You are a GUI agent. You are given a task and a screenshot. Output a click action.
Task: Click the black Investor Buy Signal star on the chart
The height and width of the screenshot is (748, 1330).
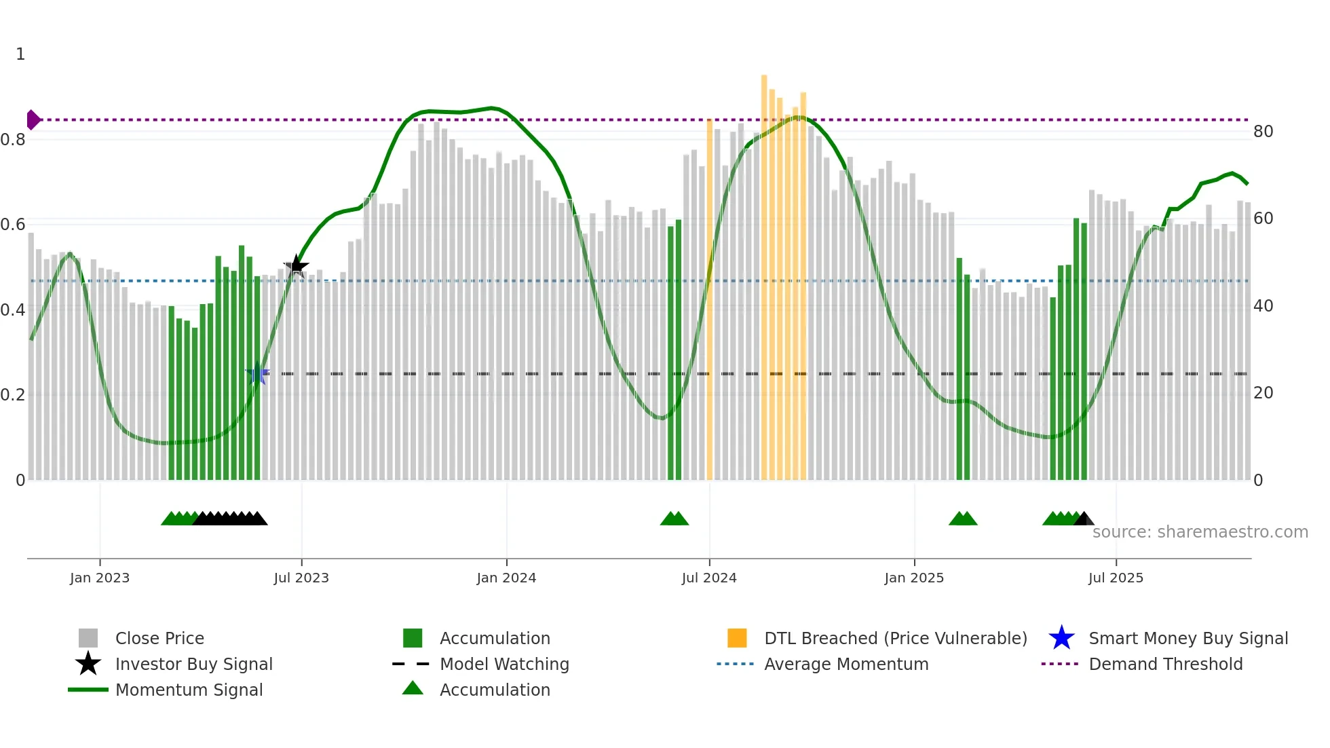pyautogui.click(x=296, y=265)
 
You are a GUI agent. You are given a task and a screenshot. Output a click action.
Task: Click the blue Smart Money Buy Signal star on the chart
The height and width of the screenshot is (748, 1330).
pyautogui.click(x=256, y=374)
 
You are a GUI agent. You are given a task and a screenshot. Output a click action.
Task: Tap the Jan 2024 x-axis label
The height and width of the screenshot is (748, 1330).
pyautogui.click(x=506, y=578)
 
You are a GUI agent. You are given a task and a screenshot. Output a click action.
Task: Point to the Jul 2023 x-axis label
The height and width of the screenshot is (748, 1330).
pyautogui.click(x=301, y=578)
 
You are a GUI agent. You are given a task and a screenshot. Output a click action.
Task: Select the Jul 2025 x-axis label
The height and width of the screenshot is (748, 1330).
pyautogui.click(x=1116, y=578)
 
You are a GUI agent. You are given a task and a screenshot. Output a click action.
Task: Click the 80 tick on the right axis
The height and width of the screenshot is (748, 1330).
pyautogui.click(x=1263, y=132)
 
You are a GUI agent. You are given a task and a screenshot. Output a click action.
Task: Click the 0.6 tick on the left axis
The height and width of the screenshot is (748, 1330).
pyautogui.click(x=14, y=225)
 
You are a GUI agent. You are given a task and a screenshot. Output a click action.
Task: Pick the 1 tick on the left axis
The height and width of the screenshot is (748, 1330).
pyautogui.click(x=20, y=54)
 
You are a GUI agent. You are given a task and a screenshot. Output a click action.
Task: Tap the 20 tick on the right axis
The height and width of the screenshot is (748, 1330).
pyautogui.click(x=1263, y=393)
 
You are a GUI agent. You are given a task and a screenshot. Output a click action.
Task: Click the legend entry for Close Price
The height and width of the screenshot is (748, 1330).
pyautogui.click(x=159, y=639)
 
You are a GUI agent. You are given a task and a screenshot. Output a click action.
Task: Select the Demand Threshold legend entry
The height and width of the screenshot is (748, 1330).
pyautogui.click(x=1165, y=665)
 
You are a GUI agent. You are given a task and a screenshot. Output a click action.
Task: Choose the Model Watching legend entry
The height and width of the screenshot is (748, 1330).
pyautogui.click(x=504, y=665)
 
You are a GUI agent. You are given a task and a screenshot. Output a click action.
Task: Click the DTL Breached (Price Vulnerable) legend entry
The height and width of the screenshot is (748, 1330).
pyautogui.click(x=895, y=639)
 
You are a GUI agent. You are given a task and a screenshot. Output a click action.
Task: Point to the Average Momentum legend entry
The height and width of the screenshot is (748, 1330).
pyautogui.click(x=845, y=665)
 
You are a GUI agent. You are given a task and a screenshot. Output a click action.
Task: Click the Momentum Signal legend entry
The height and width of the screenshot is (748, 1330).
pyautogui.click(x=189, y=690)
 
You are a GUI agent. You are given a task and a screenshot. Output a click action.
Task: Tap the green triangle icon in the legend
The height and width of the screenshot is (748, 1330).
pyautogui.click(x=413, y=689)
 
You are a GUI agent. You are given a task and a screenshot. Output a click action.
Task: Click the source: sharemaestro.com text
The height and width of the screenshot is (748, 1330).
pyautogui.click(x=1200, y=532)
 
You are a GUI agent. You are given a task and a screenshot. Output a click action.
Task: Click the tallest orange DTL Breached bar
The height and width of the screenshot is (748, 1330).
pyautogui.click(x=764, y=272)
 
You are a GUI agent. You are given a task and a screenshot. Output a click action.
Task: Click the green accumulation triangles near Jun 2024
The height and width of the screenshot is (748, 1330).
pyautogui.click(x=674, y=519)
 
